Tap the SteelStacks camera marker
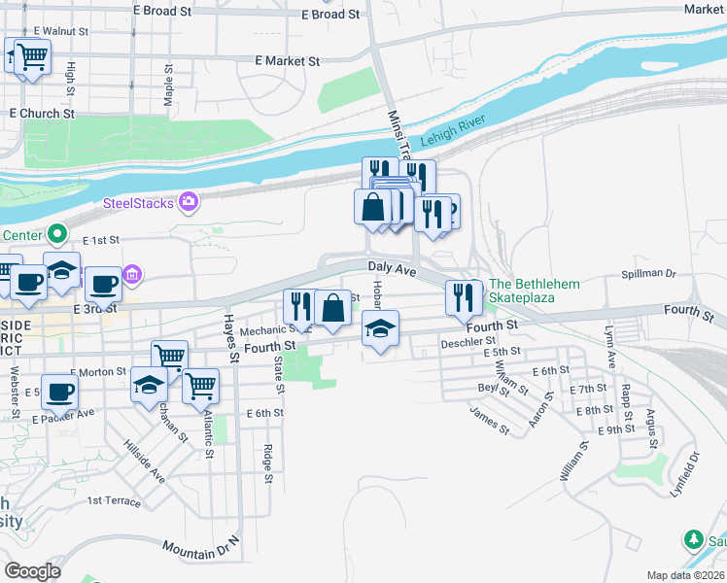click(x=189, y=202)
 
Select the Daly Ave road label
click(x=392, y=266)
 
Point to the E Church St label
click(x=42, y=114)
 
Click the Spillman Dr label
click(x=648, y=275)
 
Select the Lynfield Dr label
click(x=684, y=475)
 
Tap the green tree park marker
click(x=693, y=538)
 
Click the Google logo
click(x=32, y=570)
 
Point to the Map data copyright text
click(x=685, y=575)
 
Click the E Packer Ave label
click(x=62, y=416)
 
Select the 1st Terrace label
click(x=114, y=500)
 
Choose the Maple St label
click(x=169, y=86)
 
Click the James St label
click(x=489, y=419)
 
